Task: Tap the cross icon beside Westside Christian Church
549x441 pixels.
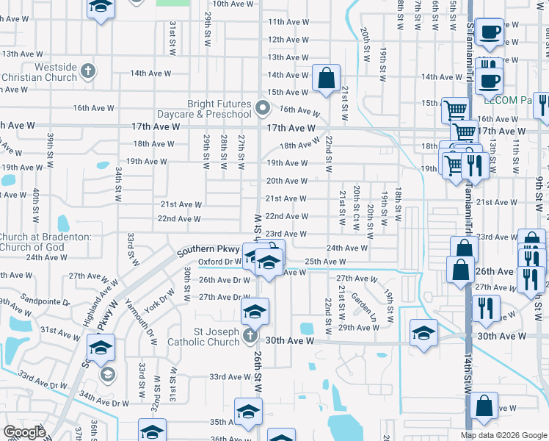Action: click(88, 71)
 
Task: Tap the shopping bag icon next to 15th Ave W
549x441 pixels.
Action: click(325, 77)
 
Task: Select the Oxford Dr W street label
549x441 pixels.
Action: click(219, 261)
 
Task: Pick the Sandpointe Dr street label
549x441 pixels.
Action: click(45, 302)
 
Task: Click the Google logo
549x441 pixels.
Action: click(24, 432)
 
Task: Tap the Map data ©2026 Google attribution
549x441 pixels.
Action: click(503, 435)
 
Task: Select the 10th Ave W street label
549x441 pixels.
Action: click(213, 4)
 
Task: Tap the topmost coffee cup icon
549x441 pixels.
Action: click(489, 32)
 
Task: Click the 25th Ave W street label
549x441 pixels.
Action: click(325, 262)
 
